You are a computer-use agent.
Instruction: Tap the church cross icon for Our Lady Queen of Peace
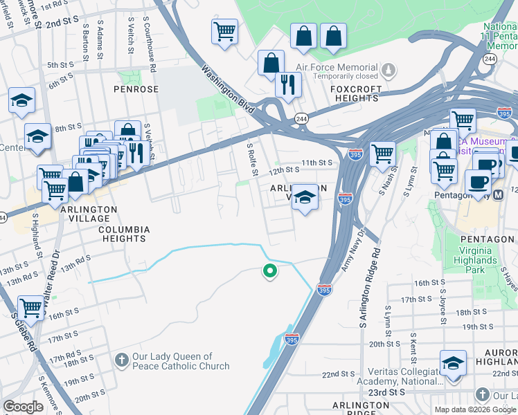(122, 359)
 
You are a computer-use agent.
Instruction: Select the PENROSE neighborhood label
(136, 89)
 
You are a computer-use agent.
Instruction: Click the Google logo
(23, 407)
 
